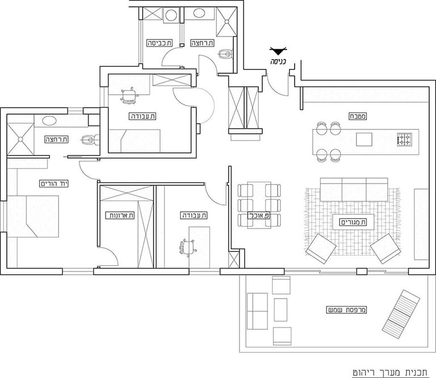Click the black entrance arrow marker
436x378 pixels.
278,51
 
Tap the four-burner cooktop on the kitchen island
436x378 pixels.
405,140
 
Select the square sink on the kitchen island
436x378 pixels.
364,139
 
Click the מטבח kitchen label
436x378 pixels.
358,116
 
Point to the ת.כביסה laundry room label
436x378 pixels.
160,43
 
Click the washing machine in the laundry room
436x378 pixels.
171,14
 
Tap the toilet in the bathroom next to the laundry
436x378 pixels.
225,54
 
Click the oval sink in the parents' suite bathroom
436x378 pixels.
49,121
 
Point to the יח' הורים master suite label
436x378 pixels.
54,183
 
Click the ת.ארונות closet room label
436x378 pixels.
120,216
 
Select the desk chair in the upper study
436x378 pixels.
129,95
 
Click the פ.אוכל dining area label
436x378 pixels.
259,216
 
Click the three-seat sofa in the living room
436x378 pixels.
354,190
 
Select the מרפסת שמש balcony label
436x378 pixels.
346,310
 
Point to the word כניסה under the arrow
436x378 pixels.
278,61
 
